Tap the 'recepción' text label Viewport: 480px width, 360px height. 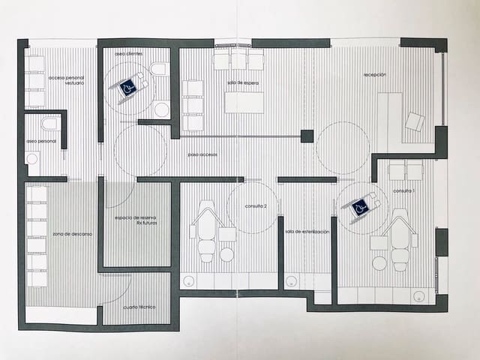(x=375, y=75)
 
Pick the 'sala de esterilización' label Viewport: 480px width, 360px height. (x=307, y=232)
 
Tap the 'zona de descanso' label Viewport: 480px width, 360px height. (x=72, y=234)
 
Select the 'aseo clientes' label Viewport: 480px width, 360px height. (x=129, y=54)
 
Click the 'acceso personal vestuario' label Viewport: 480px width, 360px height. (x=66, y=80)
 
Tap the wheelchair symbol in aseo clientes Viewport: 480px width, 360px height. (x=129, y=88)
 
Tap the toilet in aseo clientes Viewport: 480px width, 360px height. (x=159, y=70)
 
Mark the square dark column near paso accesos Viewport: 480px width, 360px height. (x=306, y=136)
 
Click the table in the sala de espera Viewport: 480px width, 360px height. (x=244, y=102)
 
